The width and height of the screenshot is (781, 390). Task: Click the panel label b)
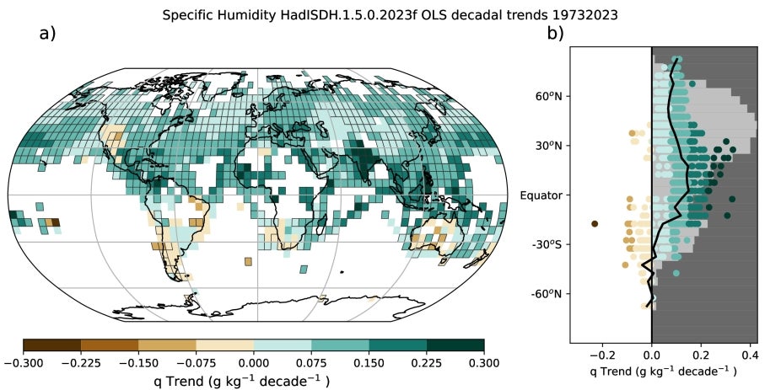tap(555, 35)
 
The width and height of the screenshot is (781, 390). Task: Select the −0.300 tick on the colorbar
tap(24, 363)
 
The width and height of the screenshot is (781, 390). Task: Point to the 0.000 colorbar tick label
tap(254, 363)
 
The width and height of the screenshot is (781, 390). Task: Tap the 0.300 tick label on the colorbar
tap(484, 363)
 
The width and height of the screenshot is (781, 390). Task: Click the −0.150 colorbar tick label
tap(138, 363)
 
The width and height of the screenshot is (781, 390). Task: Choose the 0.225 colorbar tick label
tap(427, 363)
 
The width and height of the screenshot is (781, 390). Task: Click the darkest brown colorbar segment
tap(52, 345)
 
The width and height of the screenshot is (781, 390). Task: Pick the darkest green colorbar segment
tap(455, 345)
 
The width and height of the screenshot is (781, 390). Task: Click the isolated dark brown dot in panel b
tap(595, 224)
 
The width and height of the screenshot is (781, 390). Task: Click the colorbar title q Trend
tap(254, 381)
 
